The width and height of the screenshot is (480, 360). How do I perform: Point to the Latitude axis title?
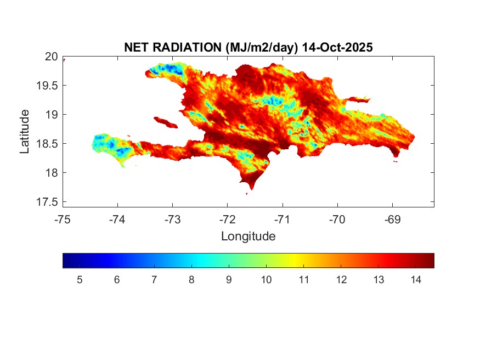tap(25, 131)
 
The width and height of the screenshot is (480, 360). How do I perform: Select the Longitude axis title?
tap(248, 237)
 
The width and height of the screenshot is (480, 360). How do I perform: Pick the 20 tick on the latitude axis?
tap(51, 57)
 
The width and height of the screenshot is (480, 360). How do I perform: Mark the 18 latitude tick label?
tap(51, 173)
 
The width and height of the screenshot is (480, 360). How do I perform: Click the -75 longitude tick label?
tap(63, 220)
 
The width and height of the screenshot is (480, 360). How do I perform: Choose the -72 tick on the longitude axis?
tap(228, 220)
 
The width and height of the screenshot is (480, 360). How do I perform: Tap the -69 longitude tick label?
tap(393, 220)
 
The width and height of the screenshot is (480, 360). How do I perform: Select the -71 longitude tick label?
tap(283, 220)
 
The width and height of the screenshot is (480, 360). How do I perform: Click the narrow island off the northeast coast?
tap(359, 99)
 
